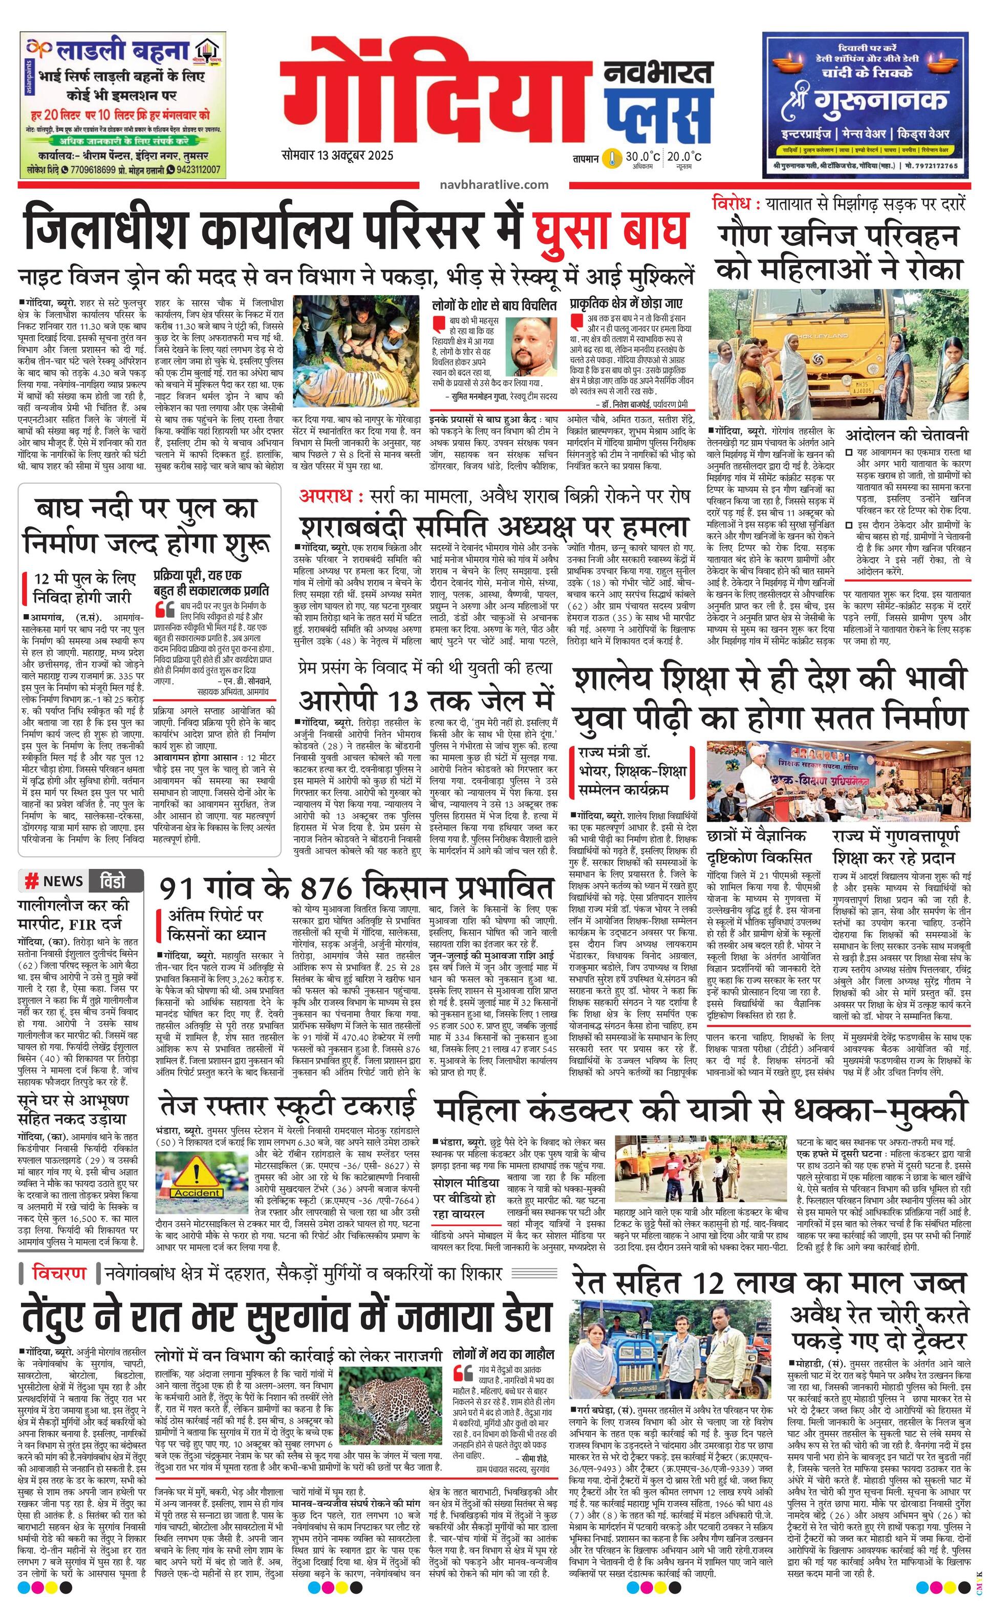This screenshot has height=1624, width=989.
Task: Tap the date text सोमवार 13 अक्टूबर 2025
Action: point(337,156)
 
